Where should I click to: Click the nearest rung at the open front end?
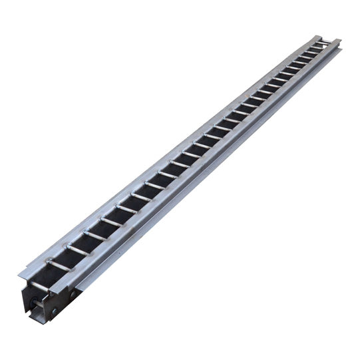59,266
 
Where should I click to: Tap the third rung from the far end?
311,54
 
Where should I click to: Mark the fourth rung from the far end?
304,59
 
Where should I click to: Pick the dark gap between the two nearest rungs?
68,258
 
